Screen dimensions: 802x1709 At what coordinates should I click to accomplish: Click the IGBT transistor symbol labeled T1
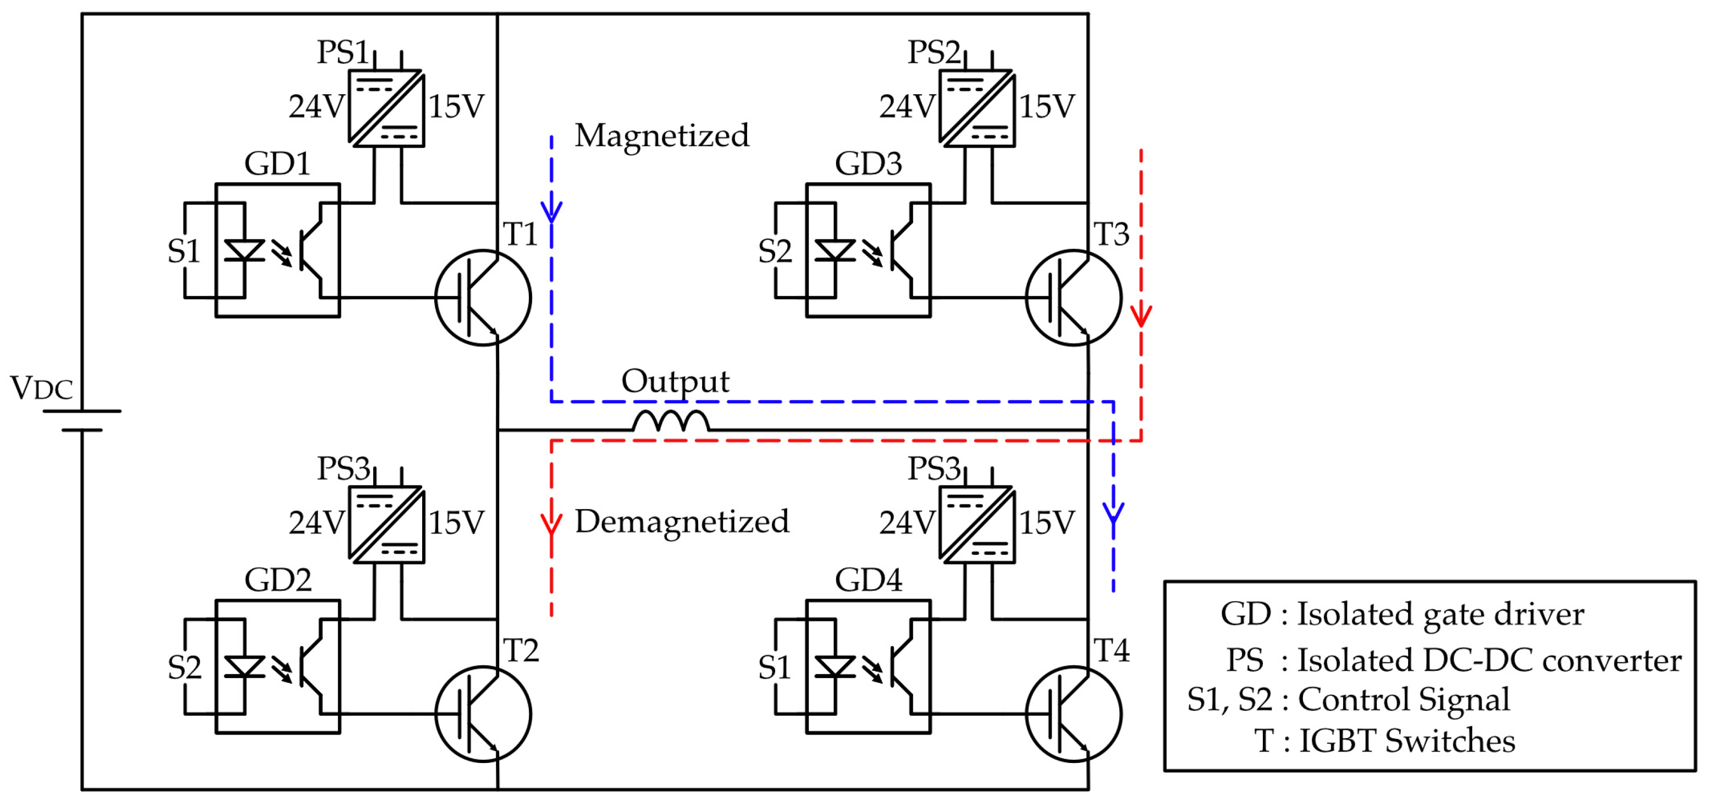[483, 297]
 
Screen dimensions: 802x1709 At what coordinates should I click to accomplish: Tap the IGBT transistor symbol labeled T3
[1073, 297]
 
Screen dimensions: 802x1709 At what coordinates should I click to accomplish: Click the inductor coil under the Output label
[670, 422]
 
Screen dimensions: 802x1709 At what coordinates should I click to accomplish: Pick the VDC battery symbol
[82, 421]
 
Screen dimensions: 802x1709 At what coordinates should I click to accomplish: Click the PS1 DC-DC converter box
[386, 108]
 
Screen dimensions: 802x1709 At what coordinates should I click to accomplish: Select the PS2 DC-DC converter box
[977, 108]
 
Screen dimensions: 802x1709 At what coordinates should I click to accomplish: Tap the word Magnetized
[662, 135]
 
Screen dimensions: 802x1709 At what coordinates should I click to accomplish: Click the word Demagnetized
[681, 521]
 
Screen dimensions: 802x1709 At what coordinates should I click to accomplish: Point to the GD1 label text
[277, 163]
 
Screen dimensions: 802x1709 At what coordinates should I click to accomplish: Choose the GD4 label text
[868, 580]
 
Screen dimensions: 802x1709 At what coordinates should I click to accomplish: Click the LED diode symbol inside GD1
[244, 251]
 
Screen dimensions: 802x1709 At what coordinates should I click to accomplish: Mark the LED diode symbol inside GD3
[834, 251]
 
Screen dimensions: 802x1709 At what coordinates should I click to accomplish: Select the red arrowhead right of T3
[1141, 315]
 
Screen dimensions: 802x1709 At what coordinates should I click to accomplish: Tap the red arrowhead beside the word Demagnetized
[551, 523]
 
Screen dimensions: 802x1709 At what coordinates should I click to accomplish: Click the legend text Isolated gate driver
[1440, 614]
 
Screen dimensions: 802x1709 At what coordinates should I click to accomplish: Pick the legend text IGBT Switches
[1407, 741]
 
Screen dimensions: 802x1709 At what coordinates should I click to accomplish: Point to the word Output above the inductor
[675, 381]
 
